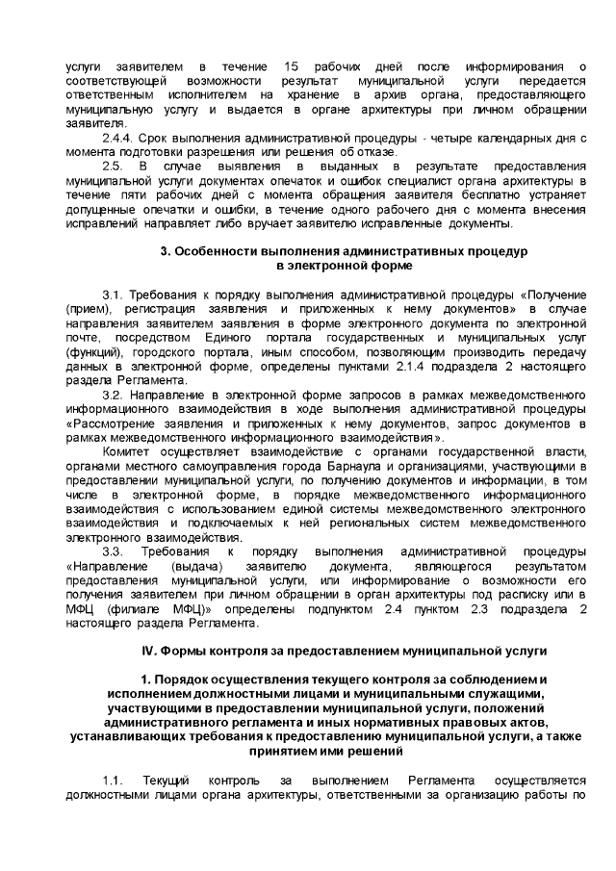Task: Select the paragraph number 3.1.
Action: [113, 294]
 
